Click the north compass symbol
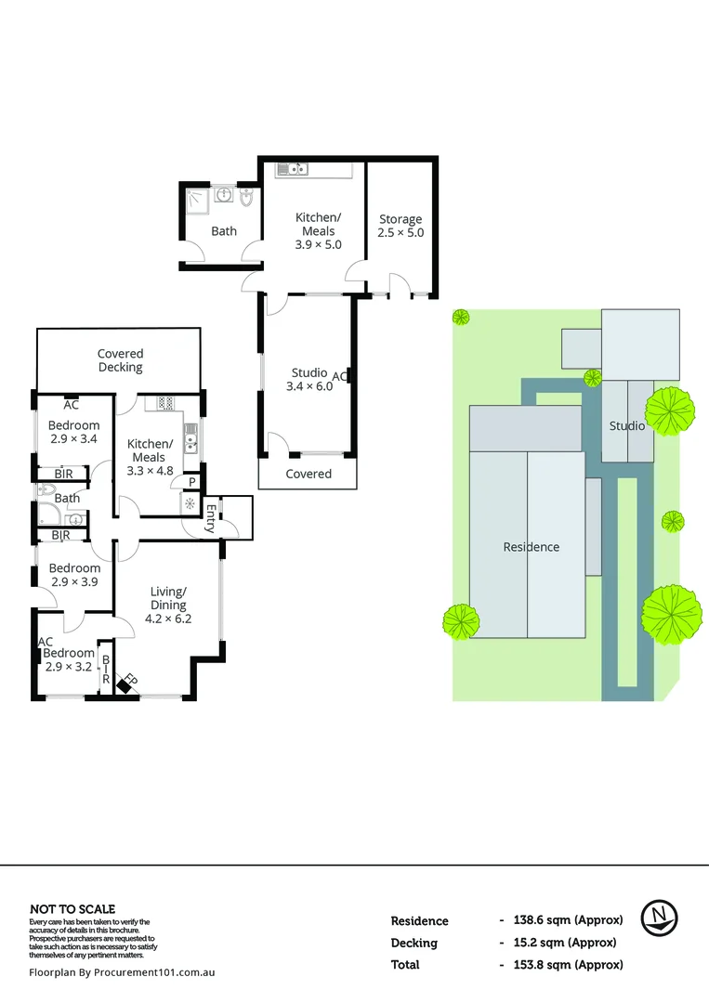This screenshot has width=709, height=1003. point(660,918)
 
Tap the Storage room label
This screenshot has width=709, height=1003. point(400,219)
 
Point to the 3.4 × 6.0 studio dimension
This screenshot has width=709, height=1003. point(309,386)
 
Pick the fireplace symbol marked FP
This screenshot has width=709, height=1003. point(125,683)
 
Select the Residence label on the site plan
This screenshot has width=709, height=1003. point(532,547)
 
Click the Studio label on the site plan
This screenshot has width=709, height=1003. point(627,425)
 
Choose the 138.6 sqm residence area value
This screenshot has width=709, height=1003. point(567,920)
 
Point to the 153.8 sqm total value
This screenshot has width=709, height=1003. point(567,965)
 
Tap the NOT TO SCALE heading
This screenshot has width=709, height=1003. point(72,909)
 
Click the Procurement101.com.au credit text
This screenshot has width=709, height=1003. point(123,972)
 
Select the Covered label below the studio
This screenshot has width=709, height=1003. point(309,474)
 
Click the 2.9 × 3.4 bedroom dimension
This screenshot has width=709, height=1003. point(73,440)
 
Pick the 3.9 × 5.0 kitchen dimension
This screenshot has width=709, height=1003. point(318,244)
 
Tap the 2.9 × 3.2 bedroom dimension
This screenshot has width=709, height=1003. point(70,667)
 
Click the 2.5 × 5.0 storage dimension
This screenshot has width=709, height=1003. point(400,232)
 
